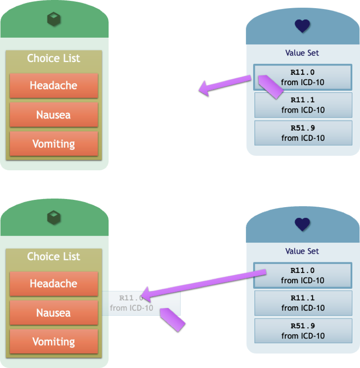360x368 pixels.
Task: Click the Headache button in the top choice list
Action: coord(53,86)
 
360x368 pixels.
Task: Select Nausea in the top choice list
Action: coord(53,115)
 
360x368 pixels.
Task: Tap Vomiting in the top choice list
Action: coord(53,144)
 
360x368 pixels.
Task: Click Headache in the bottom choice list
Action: coord(53,284)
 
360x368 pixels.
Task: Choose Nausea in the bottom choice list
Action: coord(53,313)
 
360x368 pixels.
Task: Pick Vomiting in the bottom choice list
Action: coord(53,342)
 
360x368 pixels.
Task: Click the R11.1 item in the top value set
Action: coord(303,105)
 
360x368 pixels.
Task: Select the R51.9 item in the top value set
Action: coord(303,133)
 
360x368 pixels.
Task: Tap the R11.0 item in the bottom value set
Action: coord(303,275)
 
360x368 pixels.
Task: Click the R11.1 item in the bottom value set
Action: coord(303,303)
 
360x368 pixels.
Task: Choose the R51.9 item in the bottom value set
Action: coord(303,331)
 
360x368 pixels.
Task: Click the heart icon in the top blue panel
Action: coord(302,26)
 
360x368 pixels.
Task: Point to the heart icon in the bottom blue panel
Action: coord(302,224)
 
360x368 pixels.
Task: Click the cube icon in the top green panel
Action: coord(54,19)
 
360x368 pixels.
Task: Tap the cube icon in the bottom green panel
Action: coord(54,217)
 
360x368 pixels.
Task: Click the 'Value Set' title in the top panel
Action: coord(302,53)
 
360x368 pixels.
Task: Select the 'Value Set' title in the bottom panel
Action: coord(302,251)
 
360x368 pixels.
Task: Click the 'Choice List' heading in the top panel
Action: coord(53,58)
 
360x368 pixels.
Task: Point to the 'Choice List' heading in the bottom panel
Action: coord(53,256)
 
